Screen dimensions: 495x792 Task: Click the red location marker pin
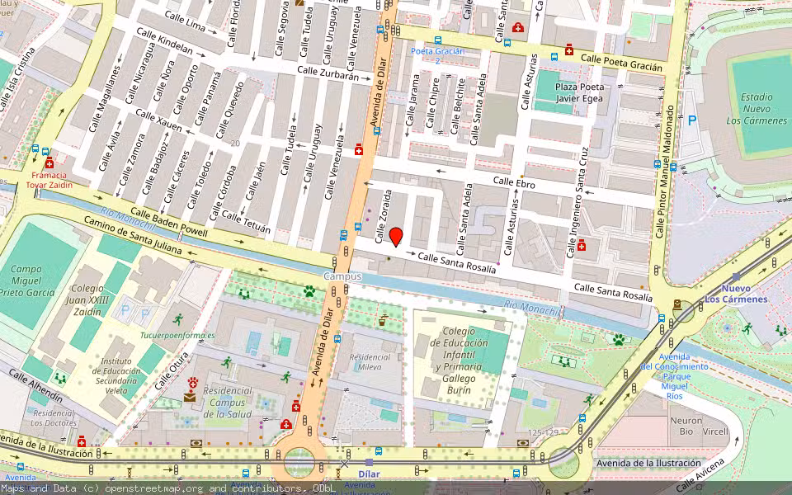[x=396, y=236]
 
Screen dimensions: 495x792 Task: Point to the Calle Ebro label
[x=514, y=181]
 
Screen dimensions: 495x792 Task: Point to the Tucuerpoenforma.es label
[x=177, y=336]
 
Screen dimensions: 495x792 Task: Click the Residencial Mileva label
[x=370, y=362]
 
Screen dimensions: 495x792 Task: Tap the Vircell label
[x=715, y=431]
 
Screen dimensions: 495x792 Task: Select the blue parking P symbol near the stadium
[x=691, y=120]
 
